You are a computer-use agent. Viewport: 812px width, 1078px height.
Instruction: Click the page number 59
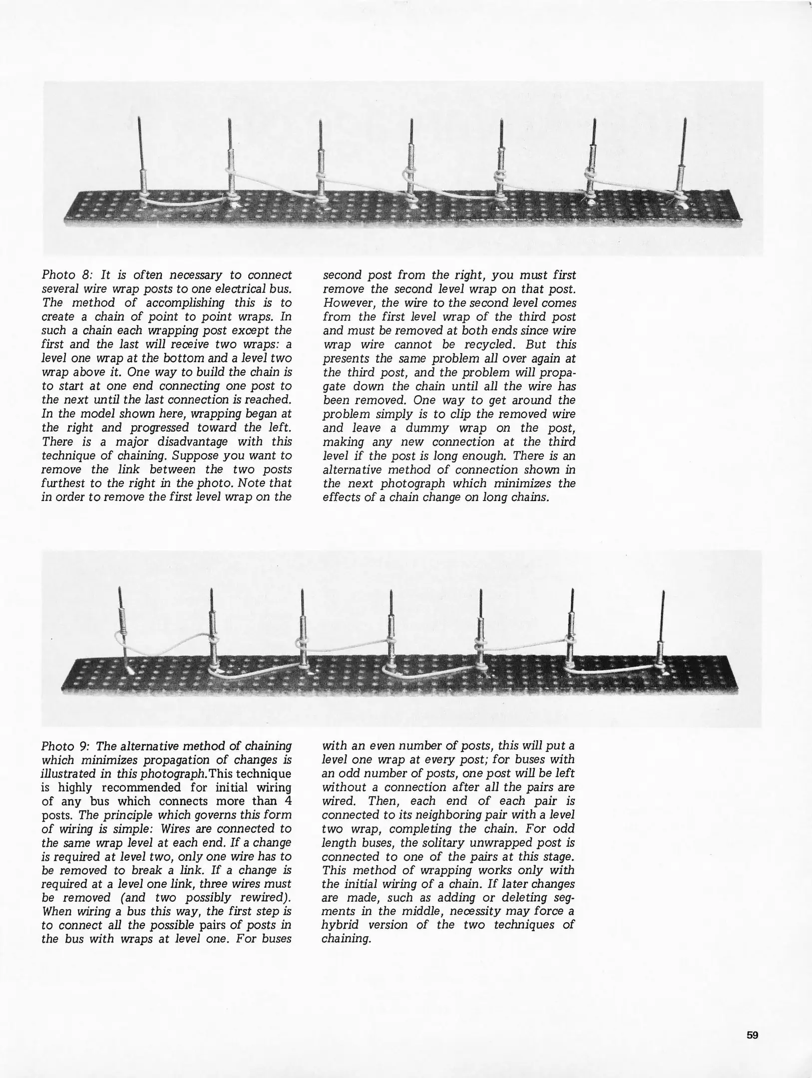coord(752,1035)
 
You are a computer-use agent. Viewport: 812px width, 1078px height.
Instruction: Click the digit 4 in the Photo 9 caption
coord(288,802)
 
